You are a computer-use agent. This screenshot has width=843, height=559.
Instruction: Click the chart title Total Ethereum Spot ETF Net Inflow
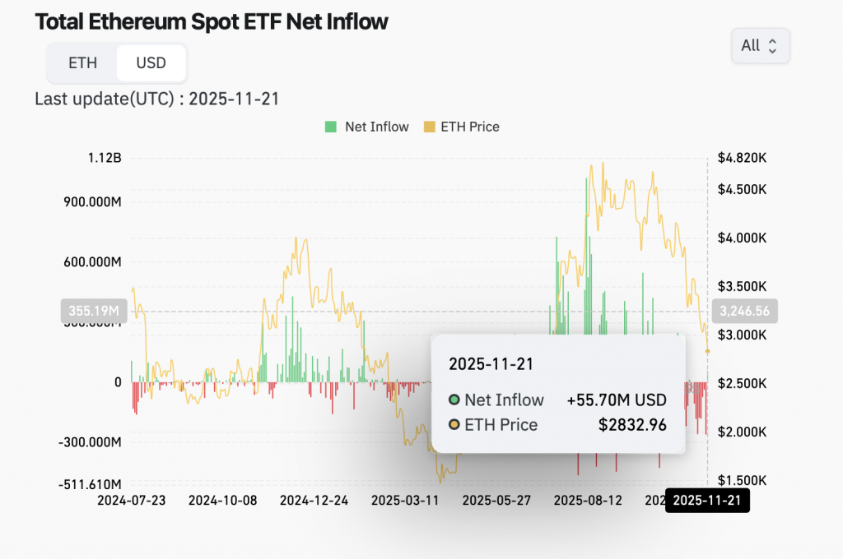click(x=211, y=22)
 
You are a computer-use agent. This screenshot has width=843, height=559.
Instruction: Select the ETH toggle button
click(x=82, y=63)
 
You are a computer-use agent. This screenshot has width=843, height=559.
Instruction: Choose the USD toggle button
click(x=151, y=63)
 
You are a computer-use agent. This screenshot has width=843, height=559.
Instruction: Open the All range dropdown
click(x=760, y=46)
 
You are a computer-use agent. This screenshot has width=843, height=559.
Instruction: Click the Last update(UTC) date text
click(x=157, y=99)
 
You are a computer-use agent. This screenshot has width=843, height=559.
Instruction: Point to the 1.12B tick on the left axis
click(x=105, y=158)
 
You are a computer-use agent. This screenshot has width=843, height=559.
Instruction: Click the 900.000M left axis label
click(x=92, y=201)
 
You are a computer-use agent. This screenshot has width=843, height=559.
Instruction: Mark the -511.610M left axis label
click(x=90, y=484)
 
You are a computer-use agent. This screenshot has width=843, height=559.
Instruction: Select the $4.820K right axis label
click(x=742, y=158)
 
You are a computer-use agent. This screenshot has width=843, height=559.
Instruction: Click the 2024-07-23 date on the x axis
click(x=132, y=500)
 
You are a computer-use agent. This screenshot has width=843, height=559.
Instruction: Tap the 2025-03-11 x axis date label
click(x=405, y=500)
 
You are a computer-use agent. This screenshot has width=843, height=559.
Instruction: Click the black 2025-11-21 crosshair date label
click(x=707, y=500)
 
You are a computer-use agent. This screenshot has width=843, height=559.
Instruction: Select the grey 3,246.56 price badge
click(x=744, y=311)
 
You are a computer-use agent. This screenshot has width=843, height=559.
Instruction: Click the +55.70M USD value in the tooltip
click(x=617, y=400)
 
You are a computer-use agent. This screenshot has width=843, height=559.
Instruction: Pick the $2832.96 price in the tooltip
click(x=632, y=425)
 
